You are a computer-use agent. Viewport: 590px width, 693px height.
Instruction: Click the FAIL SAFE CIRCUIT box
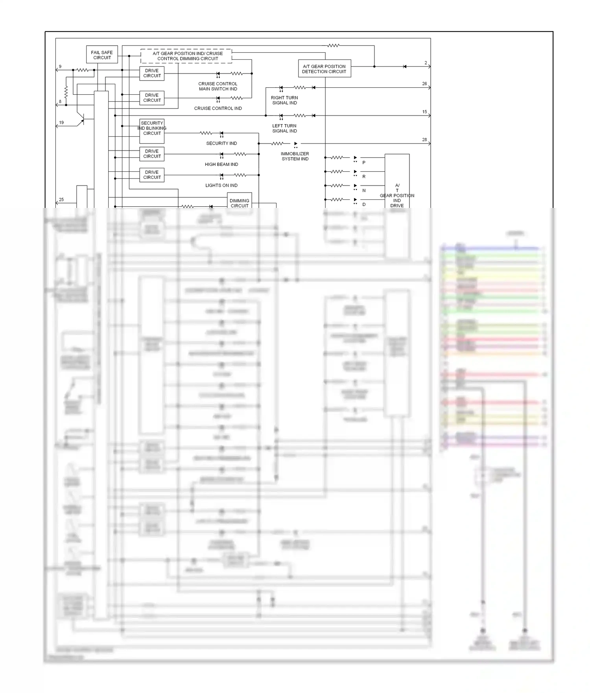102,55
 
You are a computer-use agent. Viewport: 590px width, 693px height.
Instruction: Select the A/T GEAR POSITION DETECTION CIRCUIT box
324,69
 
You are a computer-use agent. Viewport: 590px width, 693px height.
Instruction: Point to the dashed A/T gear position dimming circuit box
186,56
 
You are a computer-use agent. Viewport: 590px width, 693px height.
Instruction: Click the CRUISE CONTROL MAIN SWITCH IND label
218,86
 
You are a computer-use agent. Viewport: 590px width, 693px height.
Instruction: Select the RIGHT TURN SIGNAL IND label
284,100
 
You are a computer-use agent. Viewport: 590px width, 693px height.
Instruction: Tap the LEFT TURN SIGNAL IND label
284,128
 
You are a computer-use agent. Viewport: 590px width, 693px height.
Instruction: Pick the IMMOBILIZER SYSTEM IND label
295,156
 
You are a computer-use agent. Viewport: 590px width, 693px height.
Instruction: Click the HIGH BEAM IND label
221,164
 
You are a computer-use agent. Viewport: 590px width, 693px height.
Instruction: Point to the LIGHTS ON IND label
221,185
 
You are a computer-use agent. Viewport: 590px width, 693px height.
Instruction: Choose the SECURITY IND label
221,143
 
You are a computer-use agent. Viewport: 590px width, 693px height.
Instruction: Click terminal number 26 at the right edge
424,84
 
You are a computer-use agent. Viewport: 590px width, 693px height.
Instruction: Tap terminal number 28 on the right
424,140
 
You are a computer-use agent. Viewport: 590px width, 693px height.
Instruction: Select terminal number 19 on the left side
61,123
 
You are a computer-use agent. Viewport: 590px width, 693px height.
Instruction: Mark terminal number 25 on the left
61,200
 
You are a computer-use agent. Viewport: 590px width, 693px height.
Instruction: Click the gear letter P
364,162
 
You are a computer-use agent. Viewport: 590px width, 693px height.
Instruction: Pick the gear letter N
364,190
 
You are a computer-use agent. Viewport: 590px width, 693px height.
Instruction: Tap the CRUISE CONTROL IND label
218,108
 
